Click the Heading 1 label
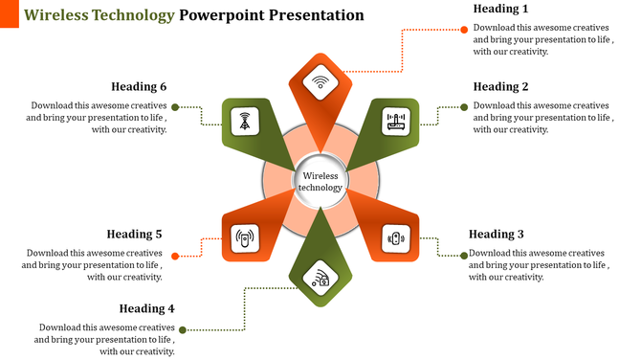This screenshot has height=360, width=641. (x=500, y=9)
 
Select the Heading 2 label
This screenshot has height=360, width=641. (x=500, y=86)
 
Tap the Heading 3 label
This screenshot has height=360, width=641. (x=496, y=234)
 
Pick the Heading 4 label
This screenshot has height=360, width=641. (x=147, y=308)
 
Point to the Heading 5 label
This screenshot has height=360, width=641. (x=134, y=234)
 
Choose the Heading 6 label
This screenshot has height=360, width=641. (x=139, y=86)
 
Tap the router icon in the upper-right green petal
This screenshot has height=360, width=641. (x=395, y=121)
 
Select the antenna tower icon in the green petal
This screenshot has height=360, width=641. (x=246, y=121)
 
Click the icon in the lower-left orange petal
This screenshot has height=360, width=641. (x=246, y=236)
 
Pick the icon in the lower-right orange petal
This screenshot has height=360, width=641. (x=395, y=236)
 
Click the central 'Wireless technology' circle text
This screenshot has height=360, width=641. (x=320, y=181)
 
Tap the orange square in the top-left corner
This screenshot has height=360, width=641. (x=10, y=13)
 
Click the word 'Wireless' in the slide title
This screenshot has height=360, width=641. (x=55, y=15)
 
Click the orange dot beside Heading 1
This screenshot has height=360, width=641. (x=464, y=30)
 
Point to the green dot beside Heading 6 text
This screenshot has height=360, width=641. (x=174, y=107)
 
